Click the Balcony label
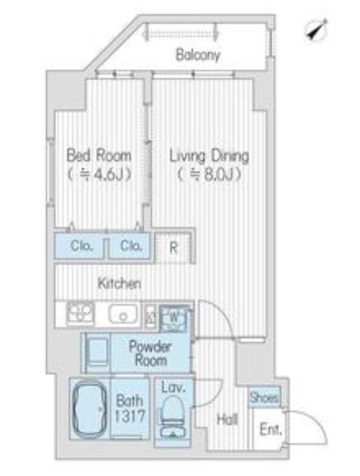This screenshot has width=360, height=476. [197, 55]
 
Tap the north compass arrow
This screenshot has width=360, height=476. [317, 29]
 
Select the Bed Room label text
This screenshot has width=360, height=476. [99, 156]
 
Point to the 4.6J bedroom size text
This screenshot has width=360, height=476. [99, 175]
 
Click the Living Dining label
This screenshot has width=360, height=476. [209, 156]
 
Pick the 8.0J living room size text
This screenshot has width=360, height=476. [209, 175]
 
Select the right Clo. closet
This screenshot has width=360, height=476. [129, 246]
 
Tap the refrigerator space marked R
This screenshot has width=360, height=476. [173, 247]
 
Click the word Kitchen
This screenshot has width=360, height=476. [119, 283]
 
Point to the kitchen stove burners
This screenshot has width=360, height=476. [80, 313]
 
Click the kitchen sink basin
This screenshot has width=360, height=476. [123, 314]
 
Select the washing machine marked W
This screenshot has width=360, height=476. [174, 318]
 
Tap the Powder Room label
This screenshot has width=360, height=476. [150, 353]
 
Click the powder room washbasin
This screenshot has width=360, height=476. [98, 352]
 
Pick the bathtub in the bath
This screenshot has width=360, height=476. [89, 409]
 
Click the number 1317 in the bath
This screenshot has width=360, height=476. [130, 416]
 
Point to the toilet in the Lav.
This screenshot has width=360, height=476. [172, 416]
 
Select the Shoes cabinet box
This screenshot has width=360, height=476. [264, 397]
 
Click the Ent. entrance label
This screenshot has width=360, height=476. [271, 430]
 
